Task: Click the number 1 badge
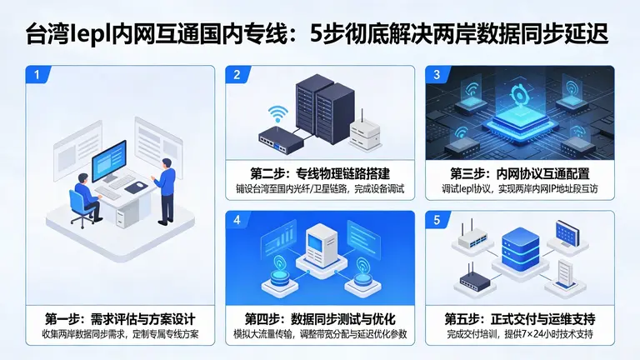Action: pyautogui.click(x=37, y=75)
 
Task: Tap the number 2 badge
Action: pyautogui.click(x=237, y=75)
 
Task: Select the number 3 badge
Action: pyautogui.click(x=437, y=75)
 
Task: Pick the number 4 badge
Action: pyautogui.click(x=237, y=220)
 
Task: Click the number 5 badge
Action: pyautogui.click(x=437, y=220)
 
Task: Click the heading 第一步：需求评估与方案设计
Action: pyautogui.click(x=120, y=319)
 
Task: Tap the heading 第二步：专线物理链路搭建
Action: pyautogui.click(x=320, y=173)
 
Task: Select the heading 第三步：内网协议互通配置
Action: pyautogui.click(x=520, y=173)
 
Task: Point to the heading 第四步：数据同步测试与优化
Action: pyautogui.click(x=320, y=319)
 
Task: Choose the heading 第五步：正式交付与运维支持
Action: pyautogui.click(x=520, y=319)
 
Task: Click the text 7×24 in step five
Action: pyautogui.click(x=536, y=334)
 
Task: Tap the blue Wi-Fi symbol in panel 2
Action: pyautogui.click(x=278, y=113)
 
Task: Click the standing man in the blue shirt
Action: pyautogui.click(x=166, y=191)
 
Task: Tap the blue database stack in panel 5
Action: pyautogui.click(x=520, y=249)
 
